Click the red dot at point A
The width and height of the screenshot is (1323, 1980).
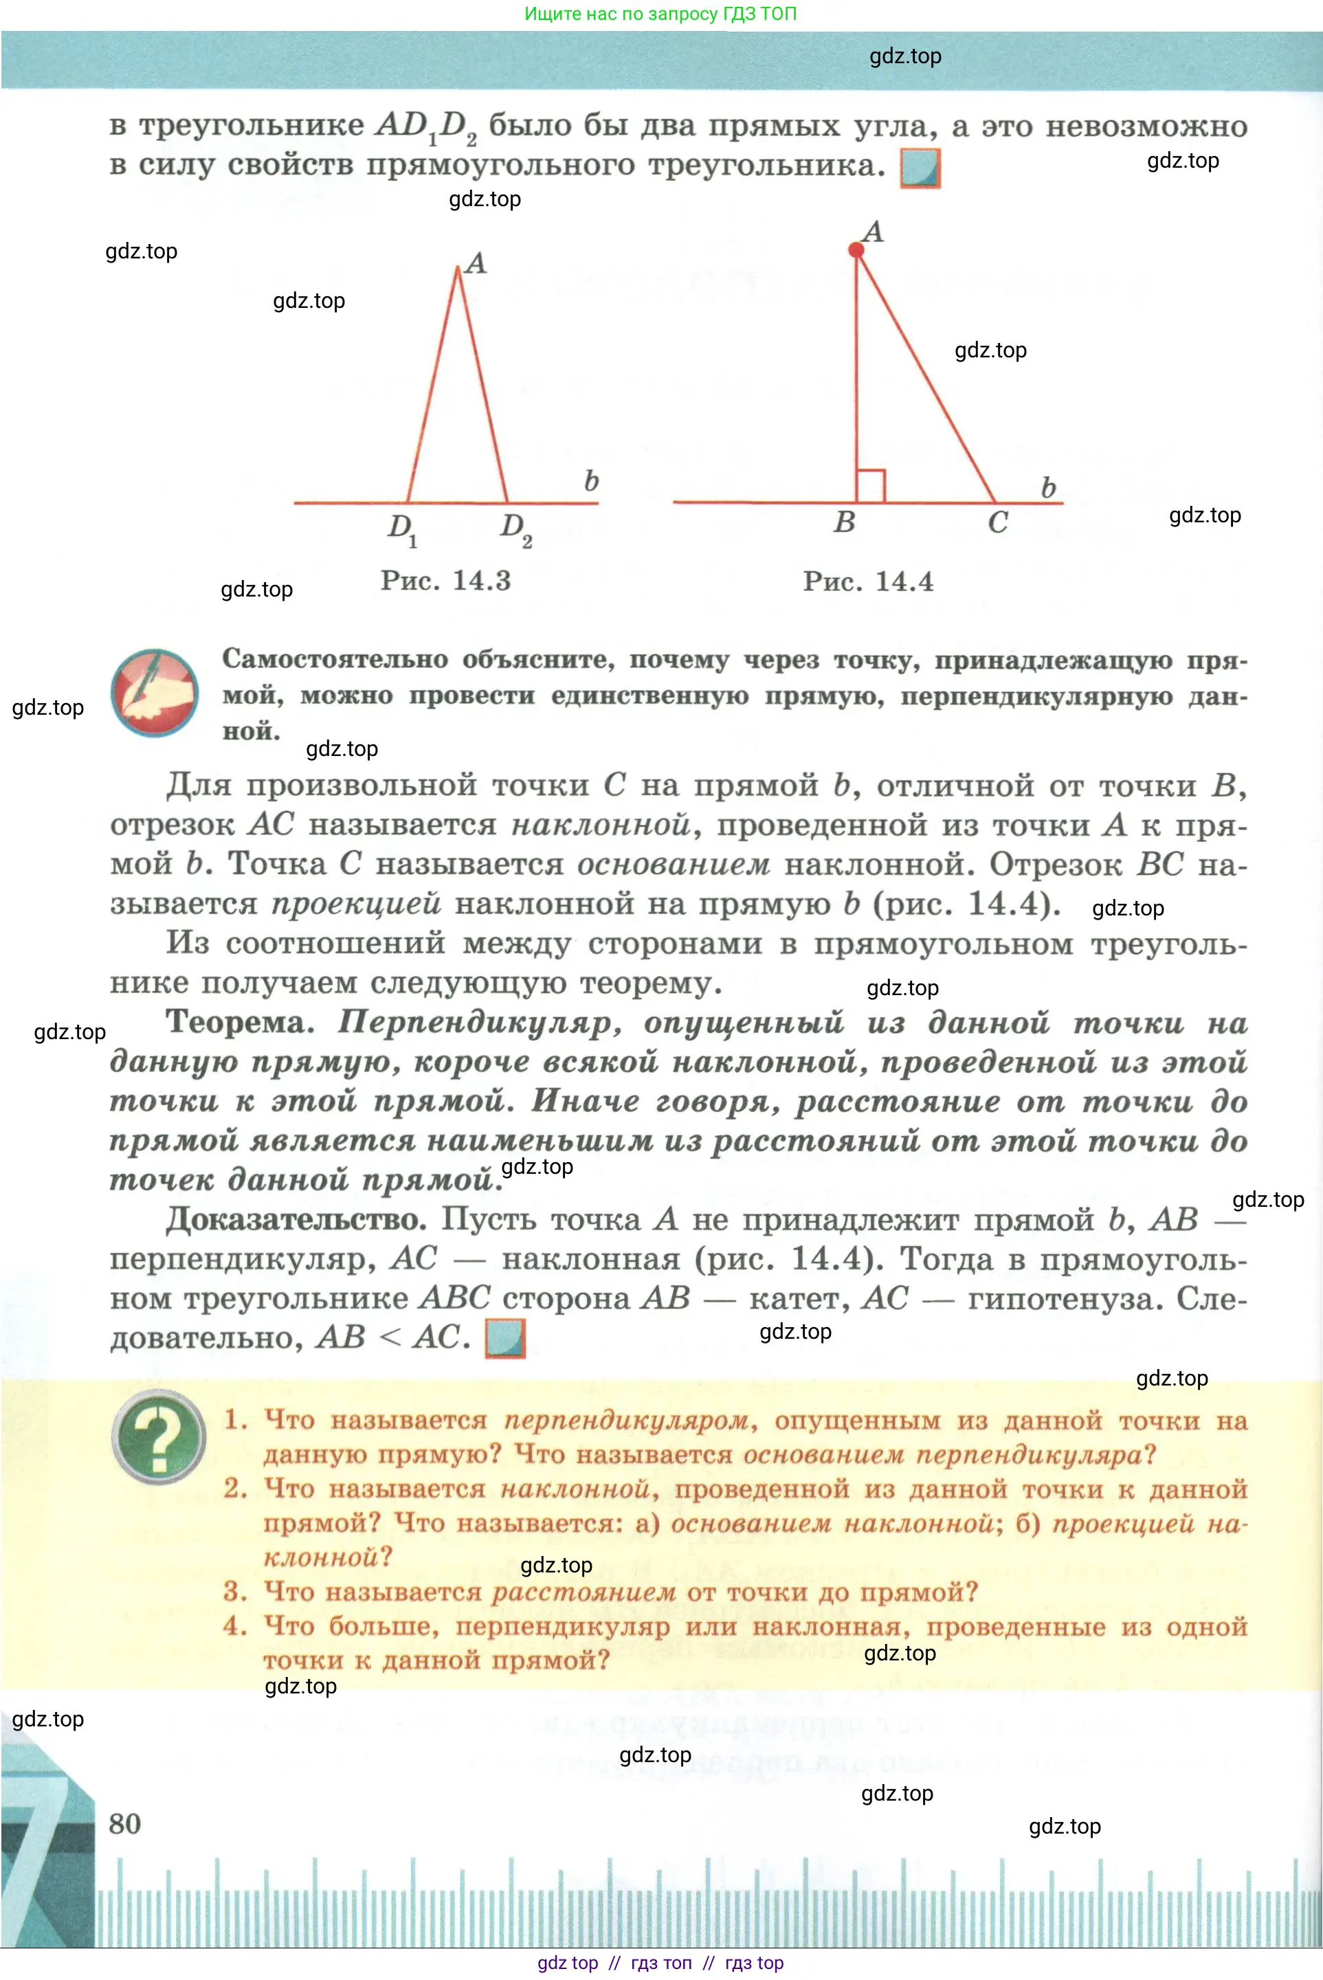[x=856, y=249]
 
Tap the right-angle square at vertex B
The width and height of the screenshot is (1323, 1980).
[x=870, y=485]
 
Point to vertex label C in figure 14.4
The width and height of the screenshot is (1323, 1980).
[x=997, y=522]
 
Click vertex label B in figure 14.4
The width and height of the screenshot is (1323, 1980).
[x=844, y=522]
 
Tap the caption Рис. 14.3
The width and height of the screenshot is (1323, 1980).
[x=445, y=581]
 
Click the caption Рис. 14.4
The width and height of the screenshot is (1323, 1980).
[x=867, y=581]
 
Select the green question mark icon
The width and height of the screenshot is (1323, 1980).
[x=159, y=1436]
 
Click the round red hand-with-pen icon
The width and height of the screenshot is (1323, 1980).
[x=155, y=693]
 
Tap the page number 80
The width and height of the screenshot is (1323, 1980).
[x=125, y=1823]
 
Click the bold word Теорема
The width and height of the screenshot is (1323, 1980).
[x=238, y=1023]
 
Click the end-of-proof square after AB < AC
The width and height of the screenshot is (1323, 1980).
[x=504, y=1338]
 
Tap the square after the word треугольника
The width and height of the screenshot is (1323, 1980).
[x=920, y=167]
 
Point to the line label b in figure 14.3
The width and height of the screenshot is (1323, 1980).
[x=592, y=481]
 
